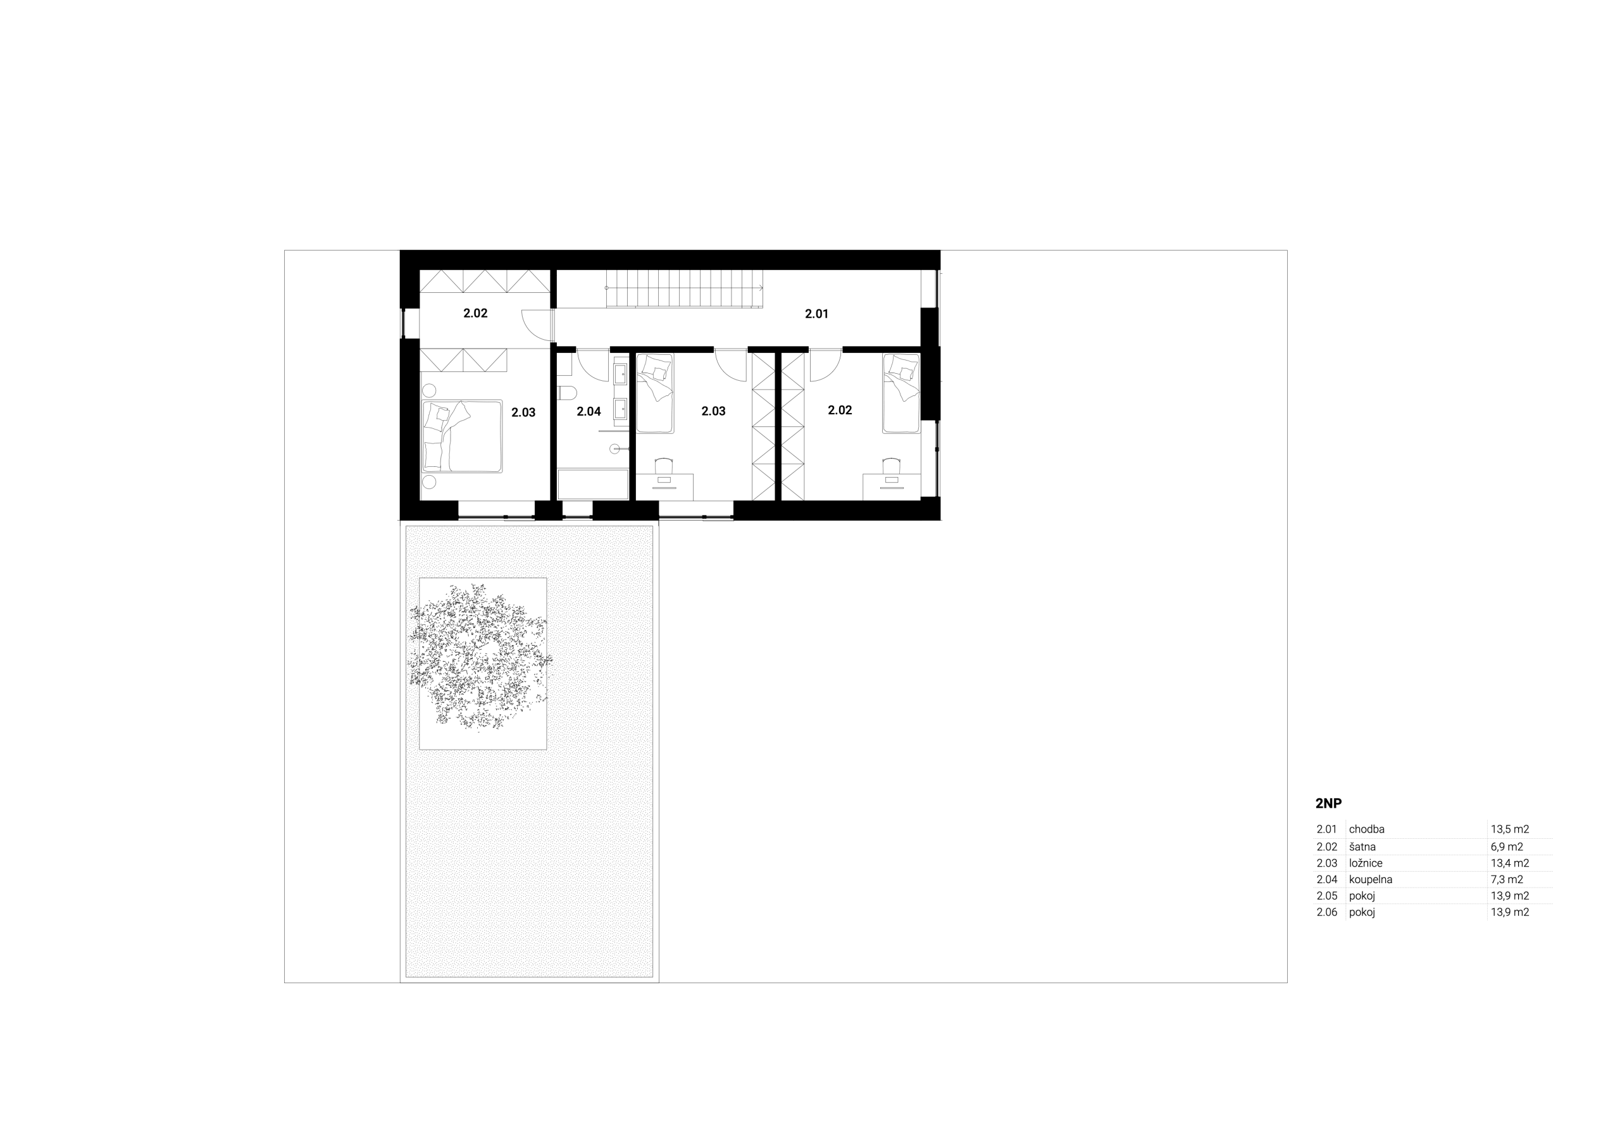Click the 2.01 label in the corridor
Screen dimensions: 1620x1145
coord(816,314)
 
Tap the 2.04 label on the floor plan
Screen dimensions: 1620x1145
coord(589,411)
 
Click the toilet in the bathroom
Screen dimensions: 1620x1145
coord(566,393)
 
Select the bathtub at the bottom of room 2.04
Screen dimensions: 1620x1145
coord(593,485)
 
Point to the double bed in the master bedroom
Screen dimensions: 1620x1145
coord(462,436)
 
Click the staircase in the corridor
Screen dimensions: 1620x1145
coord(683,289)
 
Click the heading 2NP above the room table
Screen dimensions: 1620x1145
coord(1329,803)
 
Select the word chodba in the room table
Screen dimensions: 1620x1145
coord(1367,829)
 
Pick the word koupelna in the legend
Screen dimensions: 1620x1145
coord(1371,880)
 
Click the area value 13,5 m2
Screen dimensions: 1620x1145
coord(1510,829)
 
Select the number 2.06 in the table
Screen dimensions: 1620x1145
coord(1327,912)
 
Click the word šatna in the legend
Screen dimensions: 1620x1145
coord(1362,846)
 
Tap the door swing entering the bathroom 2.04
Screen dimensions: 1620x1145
coord(593,366)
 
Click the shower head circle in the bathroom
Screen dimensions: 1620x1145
coord(614,449)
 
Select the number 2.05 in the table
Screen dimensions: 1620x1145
coord(1327,896)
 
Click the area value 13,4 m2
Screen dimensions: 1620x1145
coord(1510,863)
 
